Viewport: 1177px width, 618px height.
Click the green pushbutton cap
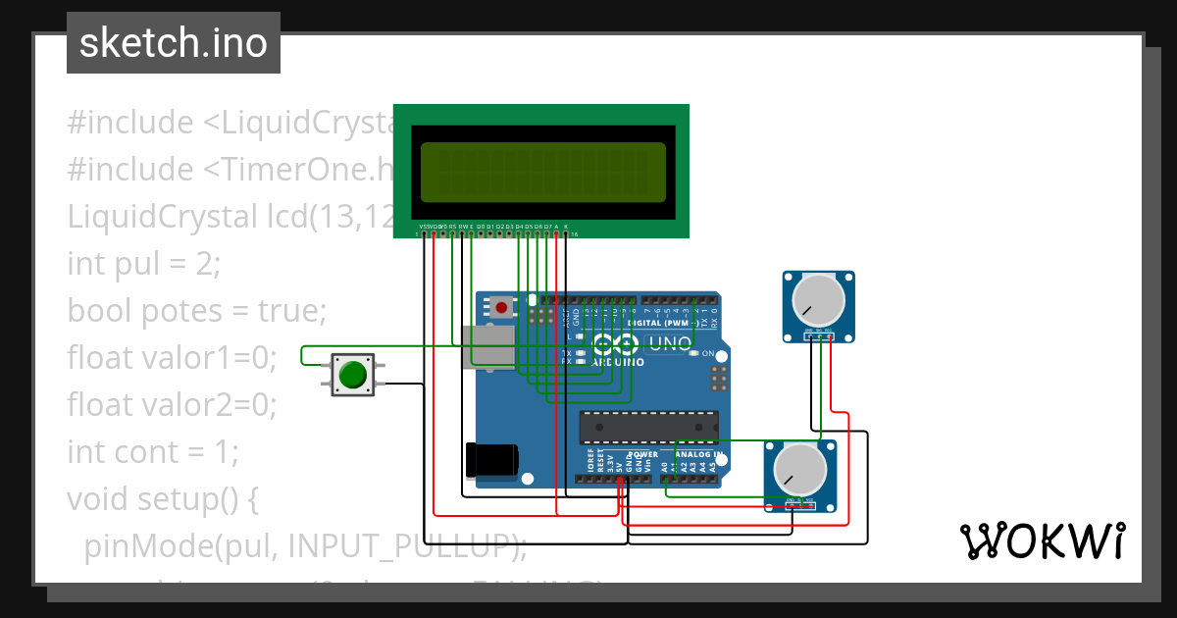tap(353, 375)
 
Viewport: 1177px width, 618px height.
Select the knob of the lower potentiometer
tap(799, 469)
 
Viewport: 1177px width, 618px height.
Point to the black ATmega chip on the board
tap(648, 429)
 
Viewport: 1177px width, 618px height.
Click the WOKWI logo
tap(1042, 541)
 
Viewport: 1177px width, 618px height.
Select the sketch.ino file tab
tap(174, 44)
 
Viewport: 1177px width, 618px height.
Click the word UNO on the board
tap(671, 343)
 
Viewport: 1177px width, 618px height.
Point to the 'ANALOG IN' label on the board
tap(695, 455)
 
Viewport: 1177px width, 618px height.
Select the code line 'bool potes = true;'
tap(196, 311)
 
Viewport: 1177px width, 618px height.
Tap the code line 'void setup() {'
tap(163, 499)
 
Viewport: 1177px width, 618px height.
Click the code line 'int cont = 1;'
tap(153, 452)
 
